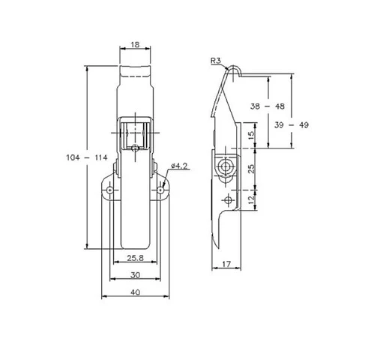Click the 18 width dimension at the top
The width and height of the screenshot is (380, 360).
pyautogui.click(x=135, y=44)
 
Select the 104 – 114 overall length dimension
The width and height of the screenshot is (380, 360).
pyautogui.click(x=87, y=157)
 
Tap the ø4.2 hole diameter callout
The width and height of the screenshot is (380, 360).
pyautogui.click(x=179, y=165)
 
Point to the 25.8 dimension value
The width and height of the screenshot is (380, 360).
pyautogui.click(x=136, y=258)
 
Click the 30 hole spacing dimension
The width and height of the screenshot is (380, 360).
pyautogui.click(x=135, y=274)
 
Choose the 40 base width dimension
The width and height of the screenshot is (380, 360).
pyautogui.click(x=135, y=292)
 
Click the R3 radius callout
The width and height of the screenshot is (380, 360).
pyautogui.click(x=216, y=61)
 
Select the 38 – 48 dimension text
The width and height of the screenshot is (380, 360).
pyautogui.click(x=268, y=106)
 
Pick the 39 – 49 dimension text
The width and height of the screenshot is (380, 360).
pyautogui.click(x=292, y=124)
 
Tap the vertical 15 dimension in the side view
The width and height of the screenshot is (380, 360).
pyautogui.click(x=252, y=135)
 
